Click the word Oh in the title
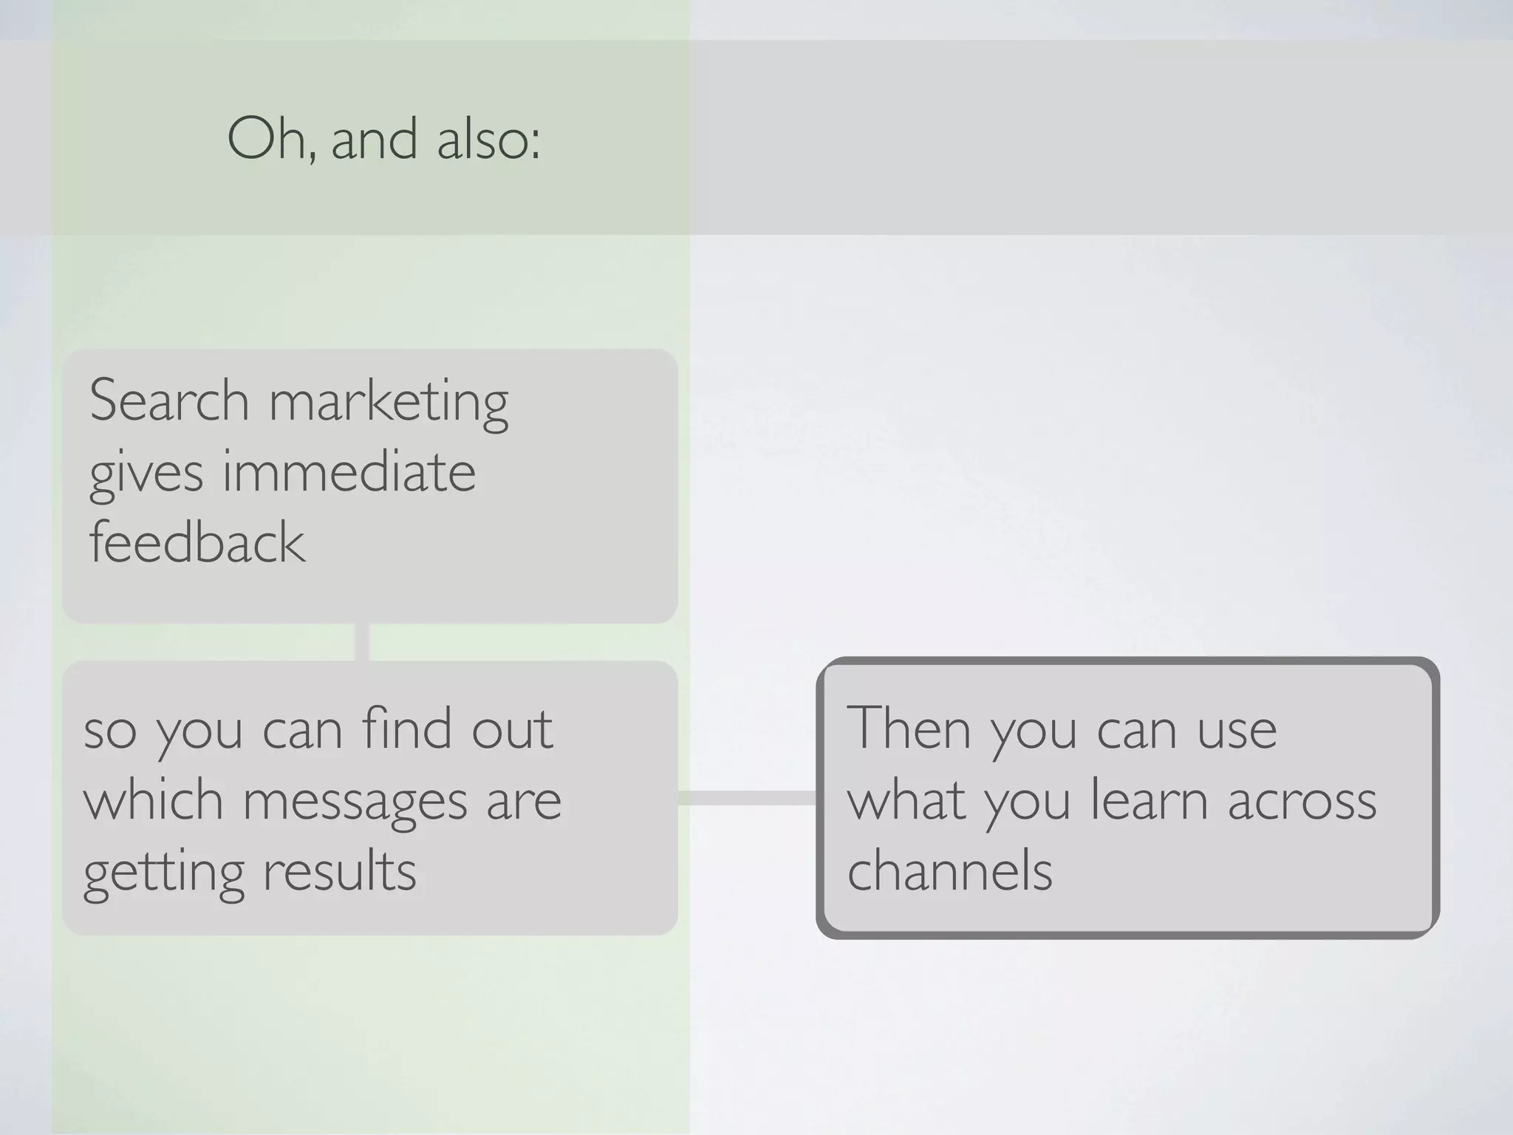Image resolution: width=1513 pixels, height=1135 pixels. point(270,138)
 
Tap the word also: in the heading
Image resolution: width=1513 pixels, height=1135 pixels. point(488,138)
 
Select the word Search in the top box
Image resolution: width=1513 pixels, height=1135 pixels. point(169,401)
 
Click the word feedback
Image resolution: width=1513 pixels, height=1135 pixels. point(197,542)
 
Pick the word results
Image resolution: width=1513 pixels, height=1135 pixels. point(340,870)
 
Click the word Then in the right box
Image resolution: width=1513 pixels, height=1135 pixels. point(908,728)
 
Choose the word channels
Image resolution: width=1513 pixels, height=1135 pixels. point(949,870)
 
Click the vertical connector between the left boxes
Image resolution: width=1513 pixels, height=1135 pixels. point(362,642)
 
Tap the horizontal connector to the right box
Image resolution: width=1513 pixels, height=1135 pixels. point(747,798)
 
